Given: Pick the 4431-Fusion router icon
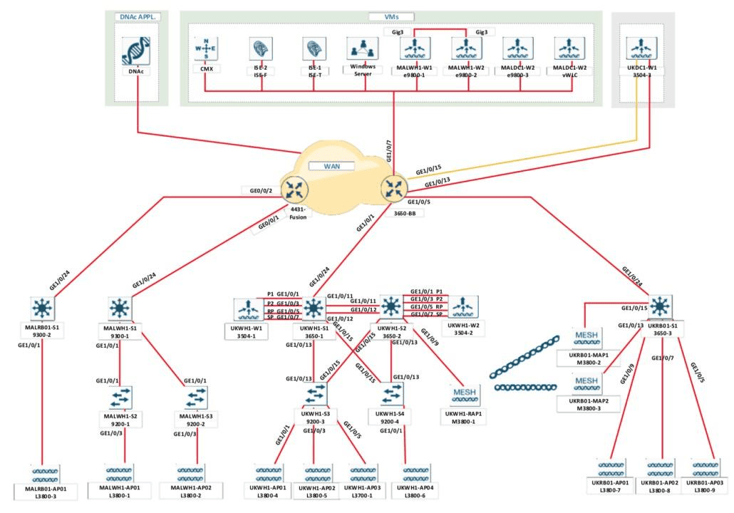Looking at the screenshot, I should click(292, 189).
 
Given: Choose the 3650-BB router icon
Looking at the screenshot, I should click(393, 188).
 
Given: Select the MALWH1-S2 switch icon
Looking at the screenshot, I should click(118, 395).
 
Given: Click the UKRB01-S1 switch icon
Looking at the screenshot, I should click(660, 306).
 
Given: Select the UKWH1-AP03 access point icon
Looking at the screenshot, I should click(363, 472).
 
